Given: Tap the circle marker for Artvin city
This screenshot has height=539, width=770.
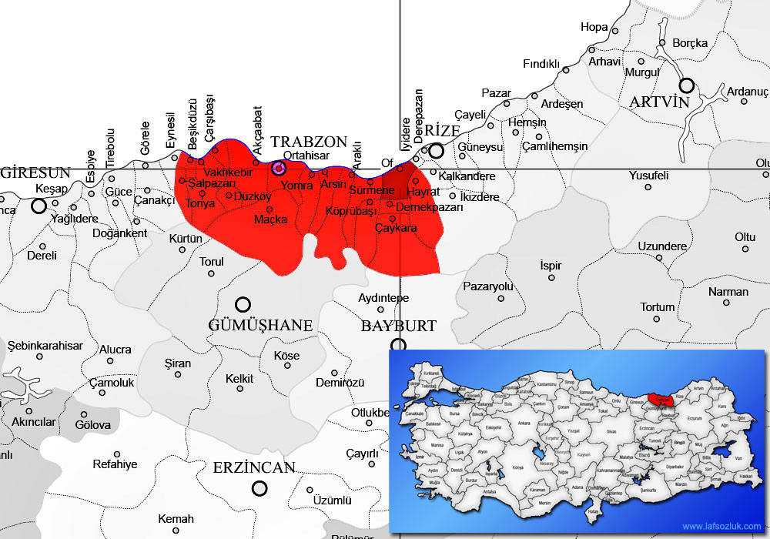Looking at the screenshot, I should pos(686,85).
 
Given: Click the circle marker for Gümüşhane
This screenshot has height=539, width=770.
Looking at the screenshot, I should pos(243,304).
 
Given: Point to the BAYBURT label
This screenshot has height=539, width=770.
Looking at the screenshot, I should pos(399,326).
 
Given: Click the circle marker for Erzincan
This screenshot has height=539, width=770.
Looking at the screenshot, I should pos(259,488).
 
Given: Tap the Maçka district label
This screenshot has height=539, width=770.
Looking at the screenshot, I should pos(271,219).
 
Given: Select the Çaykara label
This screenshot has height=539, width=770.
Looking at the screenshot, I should pos(396,229).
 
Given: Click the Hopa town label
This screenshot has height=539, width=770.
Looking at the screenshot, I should pos(594,27).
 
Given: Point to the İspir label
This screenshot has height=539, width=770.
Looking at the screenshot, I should pos(551,266).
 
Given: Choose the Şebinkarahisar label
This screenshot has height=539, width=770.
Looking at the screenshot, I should pos(45,346).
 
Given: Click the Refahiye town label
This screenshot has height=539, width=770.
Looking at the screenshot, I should pos(115,464).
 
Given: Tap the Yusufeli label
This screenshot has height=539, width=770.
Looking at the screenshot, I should pos(648,176).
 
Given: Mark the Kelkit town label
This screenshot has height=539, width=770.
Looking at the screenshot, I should pos(239,378).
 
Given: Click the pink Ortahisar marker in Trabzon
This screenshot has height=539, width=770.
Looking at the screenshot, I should pos(279,168).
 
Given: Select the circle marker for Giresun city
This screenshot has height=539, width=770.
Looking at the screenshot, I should pos(38,206).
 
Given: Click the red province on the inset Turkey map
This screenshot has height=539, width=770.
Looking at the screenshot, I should pos(659,399).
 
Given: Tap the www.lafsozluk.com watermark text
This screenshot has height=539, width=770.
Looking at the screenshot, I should pos(721,527).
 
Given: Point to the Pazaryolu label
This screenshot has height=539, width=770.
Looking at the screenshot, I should pos(487,286).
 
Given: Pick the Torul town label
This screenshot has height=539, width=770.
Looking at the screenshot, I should pos(212,262).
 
